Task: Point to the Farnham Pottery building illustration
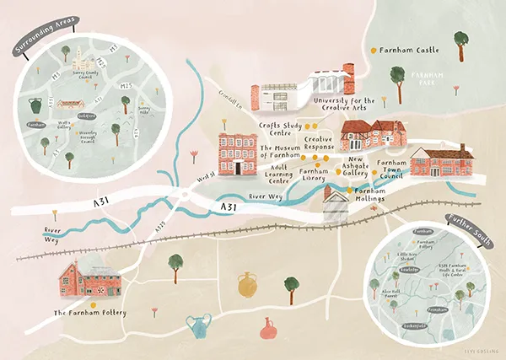[x=89, y=279]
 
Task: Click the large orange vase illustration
[x=247, y=284]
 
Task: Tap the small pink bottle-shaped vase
[x=269, y=327]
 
